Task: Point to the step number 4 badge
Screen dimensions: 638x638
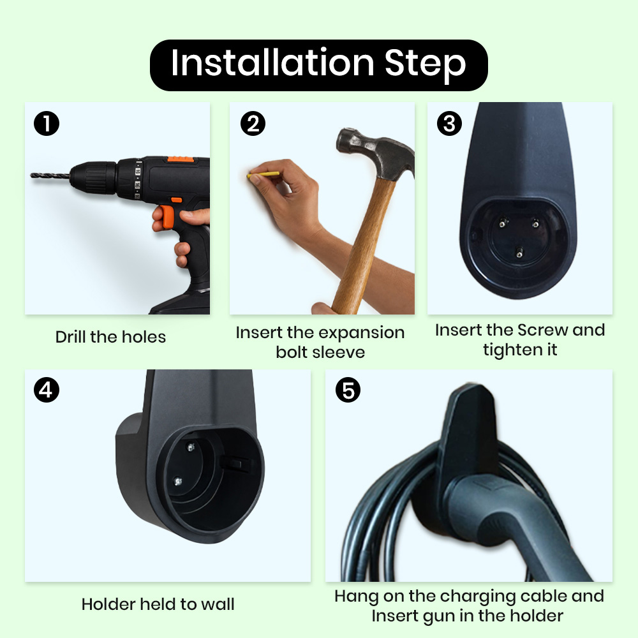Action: [x=47, y=390]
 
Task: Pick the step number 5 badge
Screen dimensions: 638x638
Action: [x=348, y=390]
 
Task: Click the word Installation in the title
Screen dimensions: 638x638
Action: [x=272, y=63]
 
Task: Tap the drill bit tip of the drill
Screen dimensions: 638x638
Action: [x=32, y=175]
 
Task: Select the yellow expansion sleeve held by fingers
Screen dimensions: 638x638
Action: [x=263, y=175]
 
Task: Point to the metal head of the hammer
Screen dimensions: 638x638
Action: [x=375, y=153]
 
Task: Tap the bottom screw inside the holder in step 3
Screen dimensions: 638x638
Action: [x=519, y=253]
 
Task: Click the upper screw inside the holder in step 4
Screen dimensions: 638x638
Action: [x=190, y=447]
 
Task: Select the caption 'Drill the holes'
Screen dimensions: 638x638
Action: [x=110, y=337]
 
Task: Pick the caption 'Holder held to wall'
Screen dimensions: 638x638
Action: [x=158, y=604]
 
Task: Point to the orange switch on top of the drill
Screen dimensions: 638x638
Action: [x=181, y=159]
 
